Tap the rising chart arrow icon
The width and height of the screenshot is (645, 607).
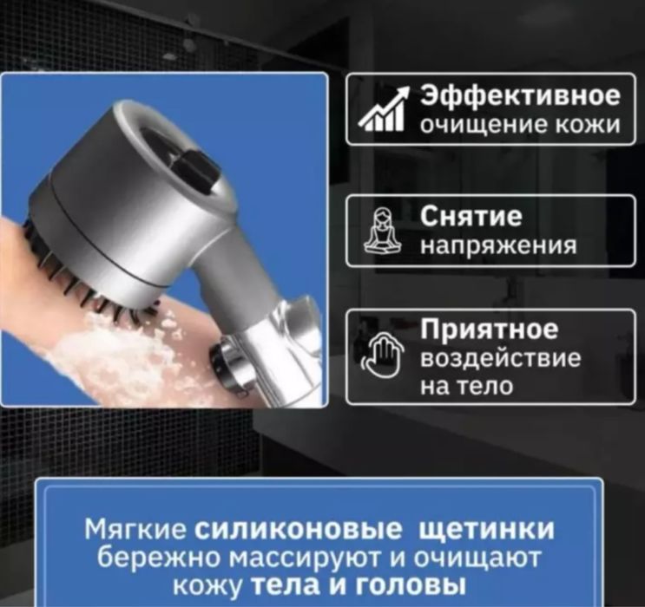click(384, 109)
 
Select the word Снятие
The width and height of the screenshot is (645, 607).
click(471, 217)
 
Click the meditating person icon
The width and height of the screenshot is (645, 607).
click(382, 230)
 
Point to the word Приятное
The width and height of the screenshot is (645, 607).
click(489, 330)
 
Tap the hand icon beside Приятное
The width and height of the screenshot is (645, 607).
click(382, 355)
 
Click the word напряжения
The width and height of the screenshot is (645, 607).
click(498, 246)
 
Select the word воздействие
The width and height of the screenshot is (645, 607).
click(501, 358)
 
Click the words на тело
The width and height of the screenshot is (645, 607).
click(466, 386)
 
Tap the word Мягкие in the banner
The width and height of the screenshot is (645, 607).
click(135, 529)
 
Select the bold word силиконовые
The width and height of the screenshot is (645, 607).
click(298, 529)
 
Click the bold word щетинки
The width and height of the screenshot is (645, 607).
click(486, 530)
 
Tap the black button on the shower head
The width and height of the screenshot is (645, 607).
click(197, 170)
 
